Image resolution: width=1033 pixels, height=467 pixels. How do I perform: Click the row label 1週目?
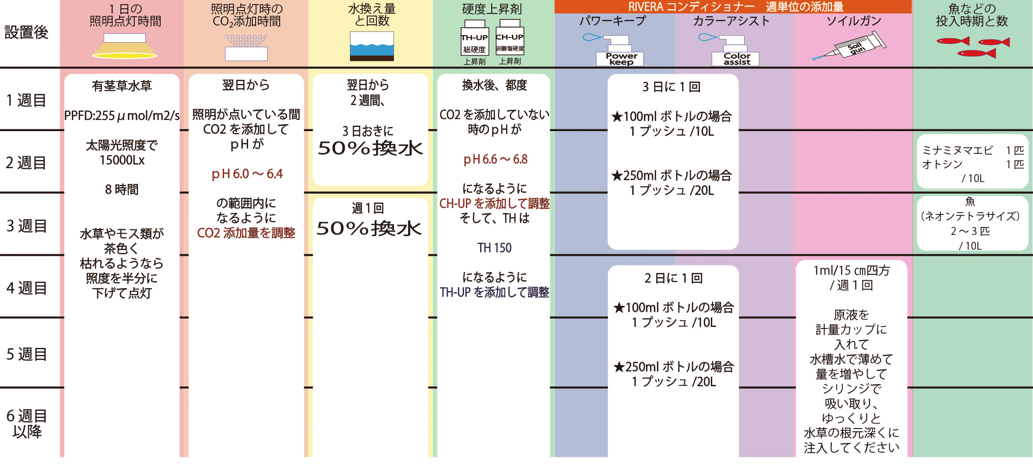point(26,100)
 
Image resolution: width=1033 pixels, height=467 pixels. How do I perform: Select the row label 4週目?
point(26,288)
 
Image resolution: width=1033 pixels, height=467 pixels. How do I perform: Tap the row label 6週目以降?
point(26,423)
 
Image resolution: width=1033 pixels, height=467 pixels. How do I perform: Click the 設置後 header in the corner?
point(26,32)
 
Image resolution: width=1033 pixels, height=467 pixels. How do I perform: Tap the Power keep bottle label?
point(621,59)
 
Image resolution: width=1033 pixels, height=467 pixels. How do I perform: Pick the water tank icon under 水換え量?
point(371,46)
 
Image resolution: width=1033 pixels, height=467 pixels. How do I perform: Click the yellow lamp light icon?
point(125,47)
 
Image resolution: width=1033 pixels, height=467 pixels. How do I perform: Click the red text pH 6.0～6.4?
point(247,174)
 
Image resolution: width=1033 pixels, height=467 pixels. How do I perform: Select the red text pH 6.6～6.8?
point(495,159)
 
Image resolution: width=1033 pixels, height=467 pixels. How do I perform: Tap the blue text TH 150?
point(495,248)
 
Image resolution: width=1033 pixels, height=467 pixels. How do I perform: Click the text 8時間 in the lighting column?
point(121,189)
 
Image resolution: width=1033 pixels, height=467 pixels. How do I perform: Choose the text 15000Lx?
point(122,160)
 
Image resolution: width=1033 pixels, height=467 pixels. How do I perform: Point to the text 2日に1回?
point(673,278)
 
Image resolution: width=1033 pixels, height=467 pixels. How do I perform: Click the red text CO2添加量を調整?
point(246,233)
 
